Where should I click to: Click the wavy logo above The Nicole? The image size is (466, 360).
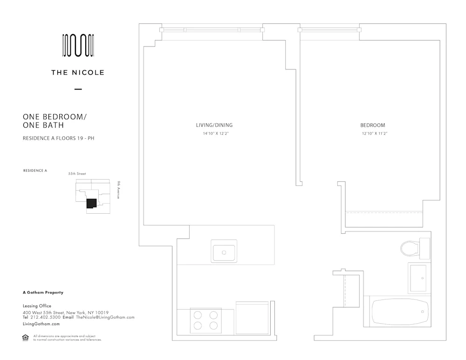point(78,46)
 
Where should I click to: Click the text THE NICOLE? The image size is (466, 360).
point(78,73)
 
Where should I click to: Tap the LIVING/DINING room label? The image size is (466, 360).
point(214,125)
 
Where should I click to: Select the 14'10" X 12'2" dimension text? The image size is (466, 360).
point(214,134)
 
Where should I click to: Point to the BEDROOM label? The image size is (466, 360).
point(372,125)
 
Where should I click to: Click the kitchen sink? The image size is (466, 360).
point(224,252)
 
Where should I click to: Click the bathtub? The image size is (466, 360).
point(400,311)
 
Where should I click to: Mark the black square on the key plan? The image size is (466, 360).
point(91,203)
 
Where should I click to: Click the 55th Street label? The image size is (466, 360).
point(77,174)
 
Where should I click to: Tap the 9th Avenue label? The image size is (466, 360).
point(119,190)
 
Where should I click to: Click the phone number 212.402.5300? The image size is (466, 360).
point(45,317)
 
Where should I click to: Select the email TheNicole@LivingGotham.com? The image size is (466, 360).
point(105,317)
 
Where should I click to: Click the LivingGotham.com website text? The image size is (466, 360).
point(41,324)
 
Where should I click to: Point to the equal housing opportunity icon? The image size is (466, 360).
point(26,338)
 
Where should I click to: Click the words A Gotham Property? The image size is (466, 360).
point(43,292)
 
